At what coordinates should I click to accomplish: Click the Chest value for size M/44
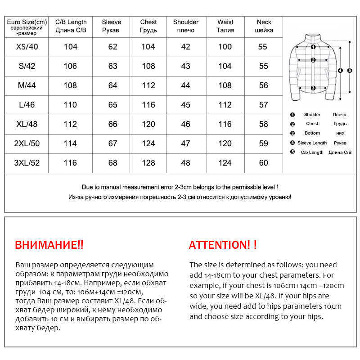click(x=148, y=85)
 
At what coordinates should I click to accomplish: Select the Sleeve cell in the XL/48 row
click(x=112, y=124)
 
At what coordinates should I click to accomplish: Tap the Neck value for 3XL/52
click(x=263, y=163)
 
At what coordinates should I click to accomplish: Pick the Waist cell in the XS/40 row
click(x=225, y=47)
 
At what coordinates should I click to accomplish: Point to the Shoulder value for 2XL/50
click(x=185, y=144)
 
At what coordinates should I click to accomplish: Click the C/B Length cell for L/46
click(x=71, y=105)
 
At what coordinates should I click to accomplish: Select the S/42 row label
click(x=27, y=66)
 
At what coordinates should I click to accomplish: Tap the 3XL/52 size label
click(x=27, y=163)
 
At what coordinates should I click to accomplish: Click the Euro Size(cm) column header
click(x=27, y=22)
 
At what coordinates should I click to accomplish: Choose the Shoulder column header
click(x=185, y=22)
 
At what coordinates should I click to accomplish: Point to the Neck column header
click(x=264, y=22)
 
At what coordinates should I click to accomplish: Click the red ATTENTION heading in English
click(x=223, y=245)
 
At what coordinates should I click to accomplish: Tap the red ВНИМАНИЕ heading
click(x=49, y=245)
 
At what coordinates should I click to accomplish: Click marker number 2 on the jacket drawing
click(x=313, y=60)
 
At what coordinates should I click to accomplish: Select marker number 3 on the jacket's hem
click(x=313, y=88)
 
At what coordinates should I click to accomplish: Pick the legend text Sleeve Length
click(x=312, y=143)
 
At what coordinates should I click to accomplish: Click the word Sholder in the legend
click(x=312, y=115)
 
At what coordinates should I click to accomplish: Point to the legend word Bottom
click(x=312, y=133)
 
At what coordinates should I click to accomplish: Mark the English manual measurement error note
click(x=180, y=187)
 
